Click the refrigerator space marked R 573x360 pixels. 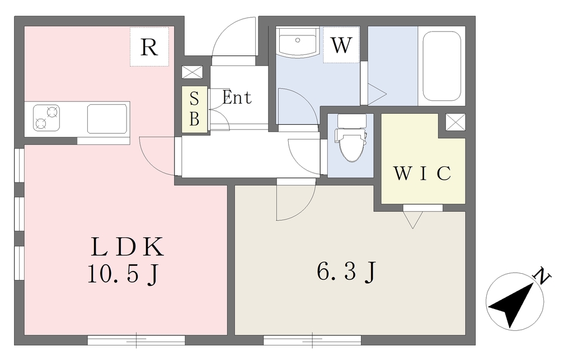pos(149,46)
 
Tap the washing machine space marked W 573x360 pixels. pos(341,45)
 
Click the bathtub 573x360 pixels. pos(442,66)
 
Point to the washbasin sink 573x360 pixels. pos(298,41)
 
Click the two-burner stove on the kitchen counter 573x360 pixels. pos(46,118)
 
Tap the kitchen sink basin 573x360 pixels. pos(107,119)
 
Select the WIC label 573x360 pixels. pos(422,173)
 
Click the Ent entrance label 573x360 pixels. pos(237,97)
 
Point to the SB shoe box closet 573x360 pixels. pos(194,109)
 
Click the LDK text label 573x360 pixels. pos(127,247)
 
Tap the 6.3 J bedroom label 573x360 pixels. pos(346,271)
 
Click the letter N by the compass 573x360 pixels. pos(542,277)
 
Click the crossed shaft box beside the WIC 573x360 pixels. pos(455,121)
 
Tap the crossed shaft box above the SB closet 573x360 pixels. pos(192,72)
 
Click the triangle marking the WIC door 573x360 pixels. pos(412,220)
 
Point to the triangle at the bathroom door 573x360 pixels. pos(377,94)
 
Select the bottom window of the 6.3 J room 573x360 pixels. pos(312,340)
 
